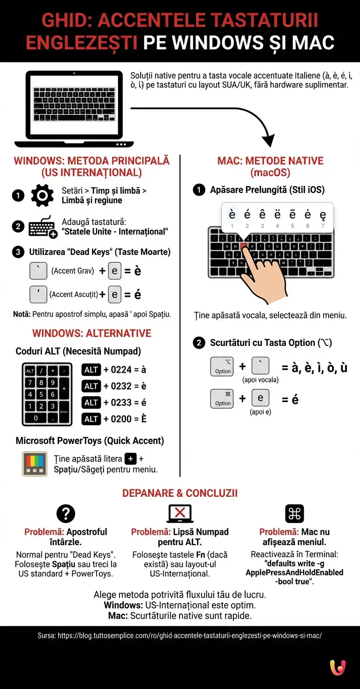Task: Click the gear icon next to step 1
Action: (42, 195)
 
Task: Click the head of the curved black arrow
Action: (268, 141)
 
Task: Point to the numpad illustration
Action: (47, 394)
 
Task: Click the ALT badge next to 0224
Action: (91, 370)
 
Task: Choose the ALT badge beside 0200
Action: (91, 419)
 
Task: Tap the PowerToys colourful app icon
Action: (35, 464)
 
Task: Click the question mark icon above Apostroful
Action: (66, 514)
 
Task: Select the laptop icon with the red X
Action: (180, 514)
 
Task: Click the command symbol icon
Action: (294, 514)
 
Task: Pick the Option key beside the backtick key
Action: (222, 366)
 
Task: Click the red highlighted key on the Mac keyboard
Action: (243, 245)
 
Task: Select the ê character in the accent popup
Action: (262, 215)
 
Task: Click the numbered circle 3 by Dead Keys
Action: (18, 252)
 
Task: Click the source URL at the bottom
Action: (180, 636)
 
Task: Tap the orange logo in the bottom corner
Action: (337, 667)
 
